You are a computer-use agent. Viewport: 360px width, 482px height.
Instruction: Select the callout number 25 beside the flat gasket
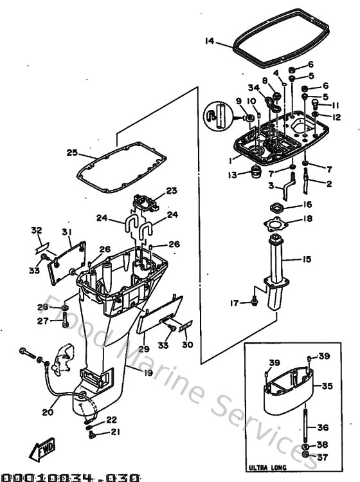[x=72, y=153]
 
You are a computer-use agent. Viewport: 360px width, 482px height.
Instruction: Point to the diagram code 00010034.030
[x=70, y=477]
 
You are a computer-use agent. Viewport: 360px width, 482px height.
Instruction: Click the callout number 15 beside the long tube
[x=307, y=259]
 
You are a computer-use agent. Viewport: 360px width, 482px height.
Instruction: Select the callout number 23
[x=170, y=190]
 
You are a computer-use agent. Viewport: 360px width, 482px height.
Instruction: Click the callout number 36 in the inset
[x=323, y=426]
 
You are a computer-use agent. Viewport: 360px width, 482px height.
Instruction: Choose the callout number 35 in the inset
[x=327, y=387]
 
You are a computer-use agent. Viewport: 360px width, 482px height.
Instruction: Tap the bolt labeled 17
[x=255, y=300]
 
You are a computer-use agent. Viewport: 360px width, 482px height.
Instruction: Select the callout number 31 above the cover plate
[x=67, y=232]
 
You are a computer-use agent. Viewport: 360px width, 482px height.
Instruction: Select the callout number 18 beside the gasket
[x=307, y=219]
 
